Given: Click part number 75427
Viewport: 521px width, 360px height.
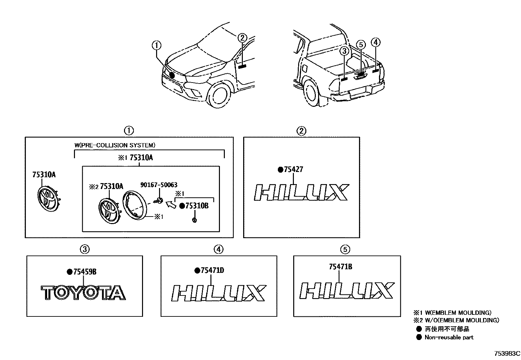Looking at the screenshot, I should (x=293, y=169).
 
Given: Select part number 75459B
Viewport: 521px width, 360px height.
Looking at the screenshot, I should (x=84, y=272).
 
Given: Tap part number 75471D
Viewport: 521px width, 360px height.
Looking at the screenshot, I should (x=212, y=271).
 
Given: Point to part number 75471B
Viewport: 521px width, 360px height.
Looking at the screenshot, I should (x=340, y=267).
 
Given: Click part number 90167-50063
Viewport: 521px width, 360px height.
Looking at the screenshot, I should (x=159, y=185).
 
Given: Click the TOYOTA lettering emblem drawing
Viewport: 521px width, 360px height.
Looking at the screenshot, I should (x=83, y=293).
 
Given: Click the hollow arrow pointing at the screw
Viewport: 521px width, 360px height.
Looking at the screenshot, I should (x=170, y=205).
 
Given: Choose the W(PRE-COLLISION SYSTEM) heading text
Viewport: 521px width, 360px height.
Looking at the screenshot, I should (x=115, y=145).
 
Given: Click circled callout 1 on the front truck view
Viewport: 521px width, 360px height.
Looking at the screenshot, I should (x=157, y=45).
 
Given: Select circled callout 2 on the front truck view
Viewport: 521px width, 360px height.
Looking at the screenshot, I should (x=242, y=38).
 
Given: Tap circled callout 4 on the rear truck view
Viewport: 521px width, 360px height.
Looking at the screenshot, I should (x=375, y=42).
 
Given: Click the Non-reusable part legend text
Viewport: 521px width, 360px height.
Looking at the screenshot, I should (x=449, y=337).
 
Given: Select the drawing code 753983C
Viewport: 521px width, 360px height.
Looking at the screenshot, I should (x=507, y=354).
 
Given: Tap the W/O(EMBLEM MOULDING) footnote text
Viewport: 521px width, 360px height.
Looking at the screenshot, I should (x=461, y=320).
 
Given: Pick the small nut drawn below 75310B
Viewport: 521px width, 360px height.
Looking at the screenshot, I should (x=194, y=220).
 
